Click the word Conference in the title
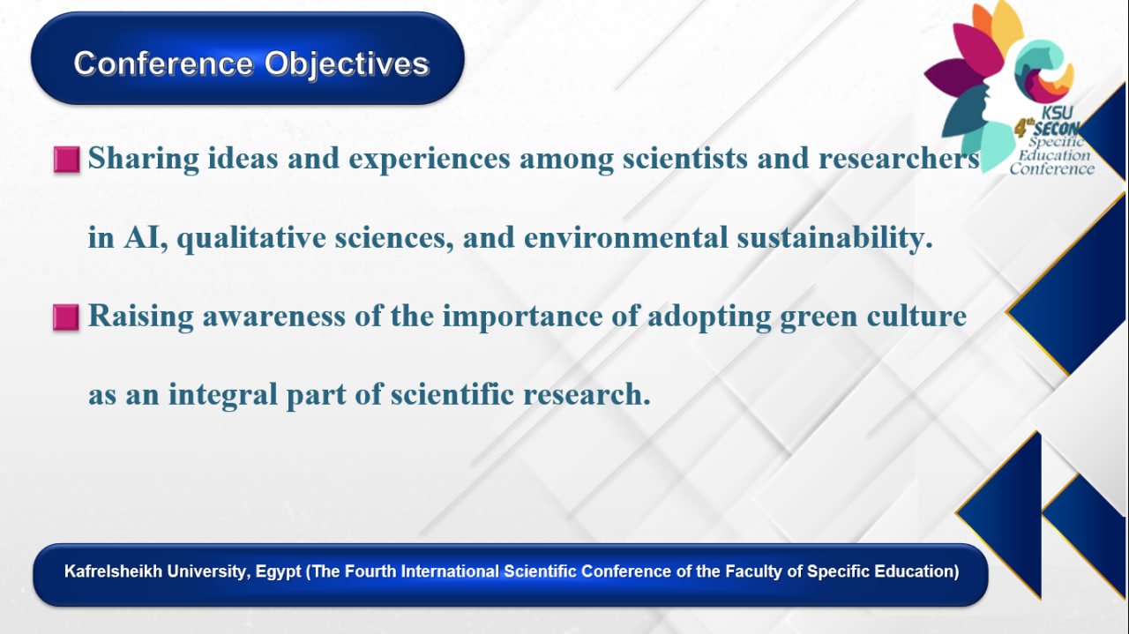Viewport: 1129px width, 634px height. (x=163, y=63)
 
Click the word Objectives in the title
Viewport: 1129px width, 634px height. (x=347, y=64)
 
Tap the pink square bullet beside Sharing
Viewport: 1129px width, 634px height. (x=66, y=160)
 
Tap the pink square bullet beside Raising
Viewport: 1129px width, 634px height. (x=66, y=317)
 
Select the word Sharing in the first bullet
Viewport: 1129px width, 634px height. (x=143, y=159)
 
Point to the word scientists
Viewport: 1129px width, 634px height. (x=685, y=159)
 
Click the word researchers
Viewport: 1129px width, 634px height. (x=899, y=159)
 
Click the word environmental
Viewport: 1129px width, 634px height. (x=626, y=238)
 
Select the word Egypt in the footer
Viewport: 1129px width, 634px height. (x=278, y=572)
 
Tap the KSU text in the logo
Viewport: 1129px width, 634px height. (x=1057, y=112)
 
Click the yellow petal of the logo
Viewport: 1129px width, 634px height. (x=1007, y=26)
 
